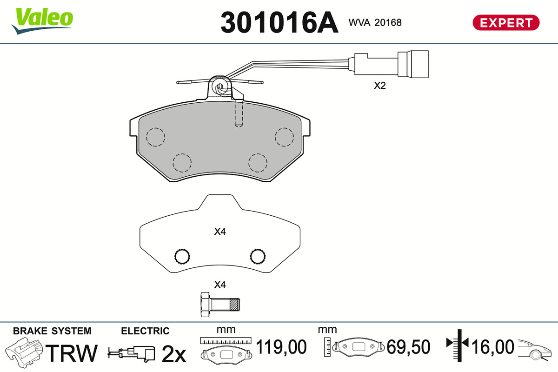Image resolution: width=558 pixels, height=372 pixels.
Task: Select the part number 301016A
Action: pos(279,22)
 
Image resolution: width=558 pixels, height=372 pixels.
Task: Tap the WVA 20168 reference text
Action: pos(375,23)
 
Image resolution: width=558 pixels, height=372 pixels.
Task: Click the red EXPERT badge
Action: pos(506,23)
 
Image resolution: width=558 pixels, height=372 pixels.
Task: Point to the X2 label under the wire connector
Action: pos(379,86)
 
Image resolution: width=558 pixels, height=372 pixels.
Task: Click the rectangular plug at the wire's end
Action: pos(413,64)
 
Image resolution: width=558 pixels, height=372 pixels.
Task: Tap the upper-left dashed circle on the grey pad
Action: pos(155,137)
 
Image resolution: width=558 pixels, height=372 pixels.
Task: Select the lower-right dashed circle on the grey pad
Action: pos(258,163)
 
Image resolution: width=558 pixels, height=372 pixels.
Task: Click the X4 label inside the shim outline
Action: pos(220,232)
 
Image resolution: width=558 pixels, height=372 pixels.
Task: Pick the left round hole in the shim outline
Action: pos(182,256)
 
